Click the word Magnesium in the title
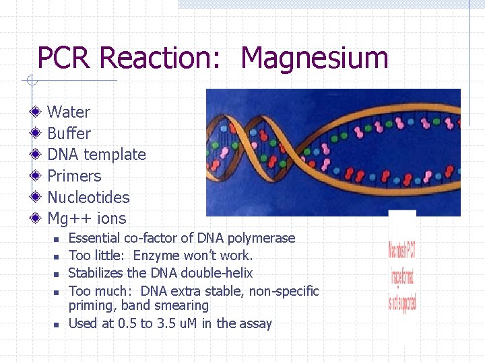point(314,58)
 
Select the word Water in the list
point(69,112)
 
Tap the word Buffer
point(69,134)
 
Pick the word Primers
point(74,176)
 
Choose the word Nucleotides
point(88,198)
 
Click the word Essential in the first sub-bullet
point(94,238)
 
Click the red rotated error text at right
point(402,275)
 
